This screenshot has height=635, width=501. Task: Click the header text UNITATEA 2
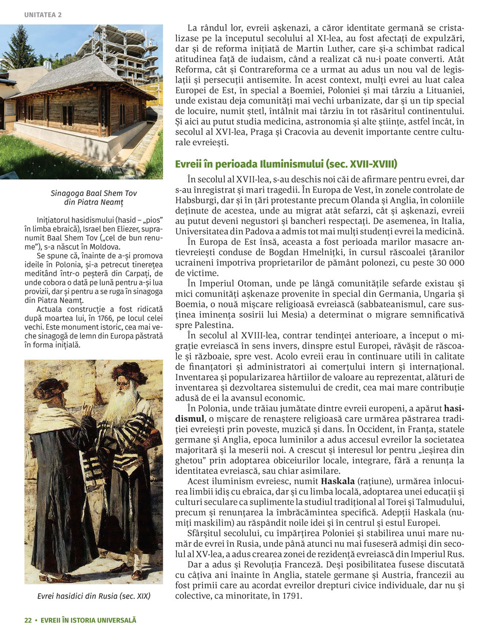click(43, 15)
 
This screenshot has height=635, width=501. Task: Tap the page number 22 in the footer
click(28, 620)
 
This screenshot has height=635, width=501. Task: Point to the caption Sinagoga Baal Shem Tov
click(94, 193)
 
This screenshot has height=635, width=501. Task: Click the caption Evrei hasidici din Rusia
click(94, 596)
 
